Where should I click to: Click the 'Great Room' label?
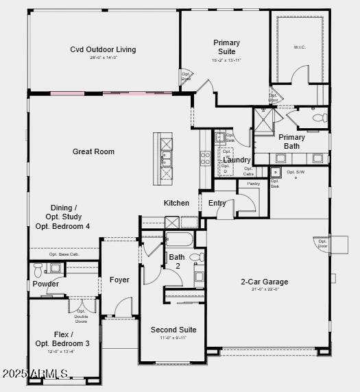pyautogui.click(x=93, y=151)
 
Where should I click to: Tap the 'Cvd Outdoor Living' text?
pyautogui.click(x=103, y=49)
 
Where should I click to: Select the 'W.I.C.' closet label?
pyautogui.click(x=299, y=47)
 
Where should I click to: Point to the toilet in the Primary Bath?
pyautogui.click(x=320, y=118)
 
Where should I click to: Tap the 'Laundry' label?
pyautogui.click(x=237, y=160)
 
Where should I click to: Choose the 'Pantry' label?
pyautogui.click(x=253, y=184)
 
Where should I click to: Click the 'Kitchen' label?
pyautogui.click(x=176, y=203)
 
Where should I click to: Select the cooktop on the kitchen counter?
pyautogui.click(x=205, y=158)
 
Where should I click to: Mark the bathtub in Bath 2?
pyautogui.click(x=180, y=240)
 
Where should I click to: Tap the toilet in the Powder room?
pyautogui.click(x=37, y=269)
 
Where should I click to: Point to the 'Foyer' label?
pyautogui.click(x=119, y=280)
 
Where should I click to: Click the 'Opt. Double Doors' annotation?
pyautogui.click(x=81, y=314)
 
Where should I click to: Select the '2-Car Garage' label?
pyautogui.click(x=264, y=282)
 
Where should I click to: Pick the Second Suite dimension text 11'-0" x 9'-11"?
pyautogui.click(x=173, y=338)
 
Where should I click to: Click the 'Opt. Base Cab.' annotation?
pyautogui.click(x=63, y=254)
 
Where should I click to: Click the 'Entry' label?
pyautogui.click(x=217, y=203)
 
